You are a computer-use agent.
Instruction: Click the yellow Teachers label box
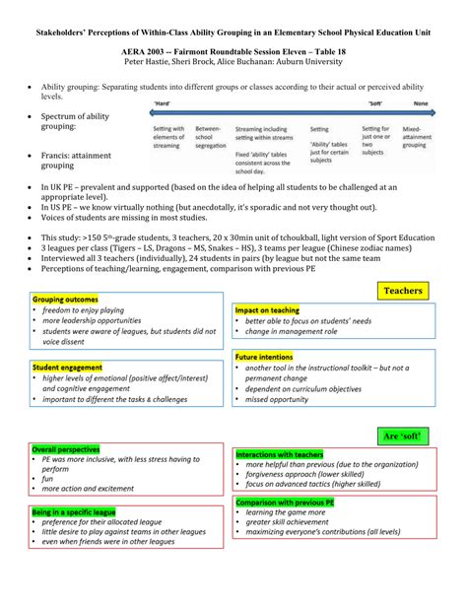(x=402, y=290)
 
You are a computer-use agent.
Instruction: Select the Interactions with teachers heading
(x=279, y=427)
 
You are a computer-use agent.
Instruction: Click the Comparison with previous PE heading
(x=283, y=474)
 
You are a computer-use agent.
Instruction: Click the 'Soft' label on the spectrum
(x=375, y=102)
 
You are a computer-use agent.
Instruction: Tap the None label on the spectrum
(x=421, y=102)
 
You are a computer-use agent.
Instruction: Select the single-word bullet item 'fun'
(x=48, y=450)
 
